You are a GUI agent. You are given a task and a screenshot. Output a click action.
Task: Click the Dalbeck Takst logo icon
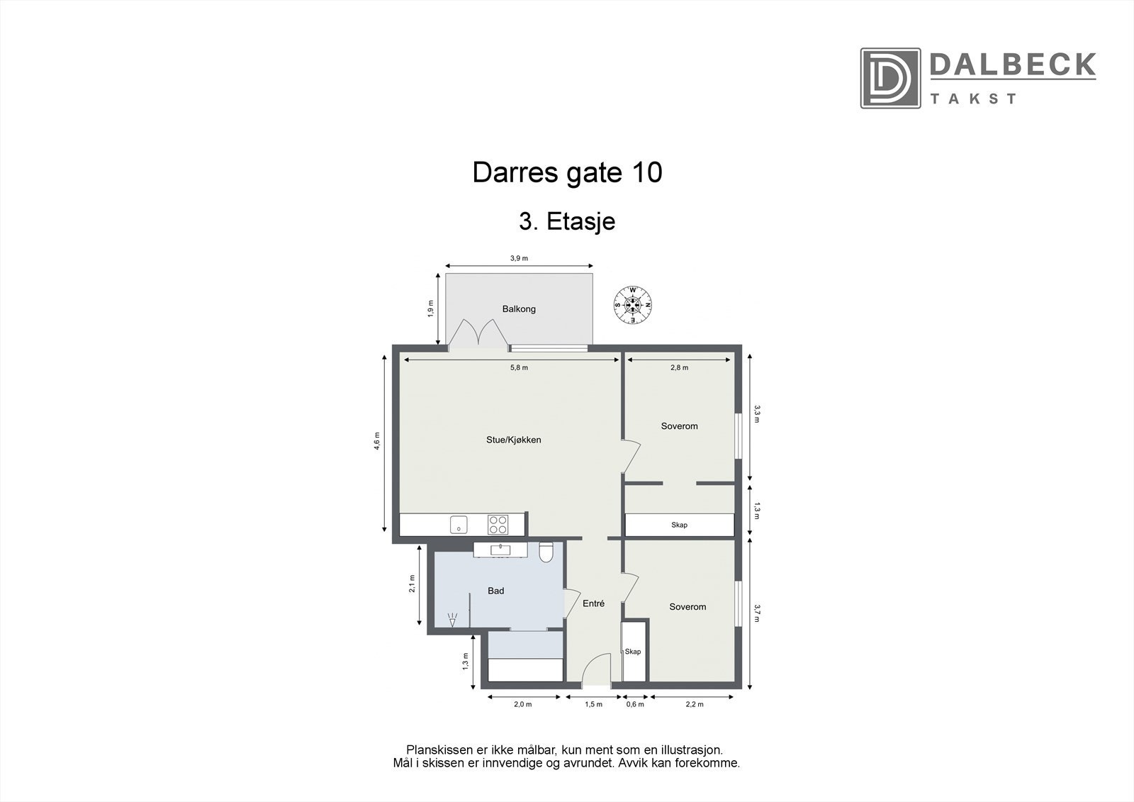point(890,78)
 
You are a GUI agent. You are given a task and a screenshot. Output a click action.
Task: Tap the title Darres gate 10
point(567,172)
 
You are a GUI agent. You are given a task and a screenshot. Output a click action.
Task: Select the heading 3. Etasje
point(567,221)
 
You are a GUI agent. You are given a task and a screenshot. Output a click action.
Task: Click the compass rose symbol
point(632,306)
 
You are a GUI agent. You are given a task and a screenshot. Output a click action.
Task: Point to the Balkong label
point(519,309)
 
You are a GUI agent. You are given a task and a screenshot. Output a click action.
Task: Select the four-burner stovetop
point(498,525)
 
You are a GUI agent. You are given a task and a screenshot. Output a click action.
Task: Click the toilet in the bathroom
point(546,552)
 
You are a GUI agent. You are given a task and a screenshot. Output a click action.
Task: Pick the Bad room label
point(496,591)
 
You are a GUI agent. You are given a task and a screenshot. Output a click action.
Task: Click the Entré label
point(593,604)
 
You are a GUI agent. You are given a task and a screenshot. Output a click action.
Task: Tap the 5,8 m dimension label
point(520,367)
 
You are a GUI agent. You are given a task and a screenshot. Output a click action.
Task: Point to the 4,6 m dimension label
point(378,441)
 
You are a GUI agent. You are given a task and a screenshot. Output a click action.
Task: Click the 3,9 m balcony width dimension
point(520,258)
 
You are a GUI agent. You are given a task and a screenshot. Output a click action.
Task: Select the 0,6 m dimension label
point(635,704)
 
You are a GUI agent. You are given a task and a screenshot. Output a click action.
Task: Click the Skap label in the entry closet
point(632,652)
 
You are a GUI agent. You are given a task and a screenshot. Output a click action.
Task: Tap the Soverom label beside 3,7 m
point(687,607)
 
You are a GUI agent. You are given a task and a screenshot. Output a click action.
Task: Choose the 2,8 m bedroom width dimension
point(679,367)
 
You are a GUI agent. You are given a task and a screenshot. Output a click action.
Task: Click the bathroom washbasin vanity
point(500,550)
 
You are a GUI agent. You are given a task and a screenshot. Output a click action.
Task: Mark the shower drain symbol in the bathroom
point(453,620)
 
